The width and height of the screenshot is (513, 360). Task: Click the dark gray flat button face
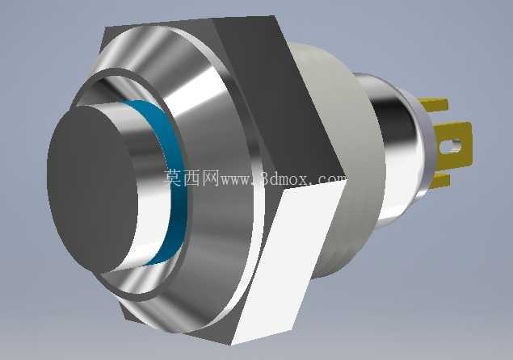92,190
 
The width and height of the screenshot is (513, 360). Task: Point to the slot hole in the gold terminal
451,145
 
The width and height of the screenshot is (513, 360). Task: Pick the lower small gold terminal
442,182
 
